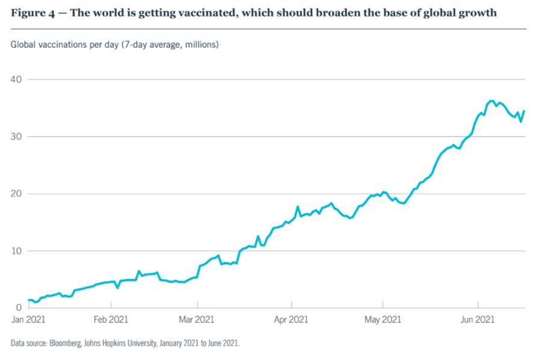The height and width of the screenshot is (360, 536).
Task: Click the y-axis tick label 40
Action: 16,79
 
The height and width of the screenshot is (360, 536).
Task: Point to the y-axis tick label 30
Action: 16,137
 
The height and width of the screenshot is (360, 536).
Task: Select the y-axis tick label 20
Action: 16,194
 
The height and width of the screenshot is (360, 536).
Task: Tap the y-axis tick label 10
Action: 16,251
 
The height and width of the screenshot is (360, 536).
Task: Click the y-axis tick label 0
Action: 18,308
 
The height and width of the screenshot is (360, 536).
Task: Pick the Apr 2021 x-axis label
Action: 291,320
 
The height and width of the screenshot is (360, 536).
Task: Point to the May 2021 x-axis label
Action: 383,320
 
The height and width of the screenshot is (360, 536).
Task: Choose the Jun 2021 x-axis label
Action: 478,320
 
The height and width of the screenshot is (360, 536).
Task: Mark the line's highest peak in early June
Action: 491,101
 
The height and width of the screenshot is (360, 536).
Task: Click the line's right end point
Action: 524,111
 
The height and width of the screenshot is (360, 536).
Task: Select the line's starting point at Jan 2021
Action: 29,300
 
